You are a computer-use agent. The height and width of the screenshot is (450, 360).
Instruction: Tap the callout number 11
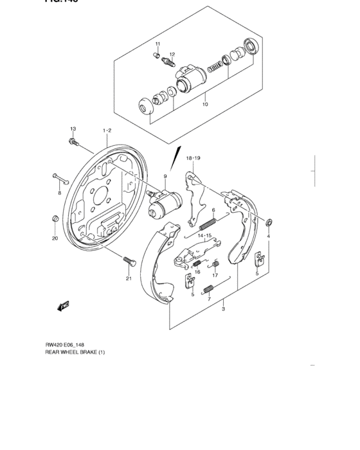156,44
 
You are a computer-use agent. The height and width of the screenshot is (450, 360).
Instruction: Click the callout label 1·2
107,130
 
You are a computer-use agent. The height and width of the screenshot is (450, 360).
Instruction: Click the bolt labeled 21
128,261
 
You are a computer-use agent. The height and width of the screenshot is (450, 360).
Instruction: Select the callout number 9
165,177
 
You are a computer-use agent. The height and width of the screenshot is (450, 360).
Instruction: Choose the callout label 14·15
204,236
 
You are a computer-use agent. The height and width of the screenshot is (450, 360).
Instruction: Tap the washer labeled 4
269,223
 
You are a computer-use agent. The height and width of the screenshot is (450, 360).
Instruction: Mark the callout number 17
216,276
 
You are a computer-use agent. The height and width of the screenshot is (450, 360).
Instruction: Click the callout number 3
222,310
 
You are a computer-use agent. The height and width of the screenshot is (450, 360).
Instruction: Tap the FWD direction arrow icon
63,306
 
